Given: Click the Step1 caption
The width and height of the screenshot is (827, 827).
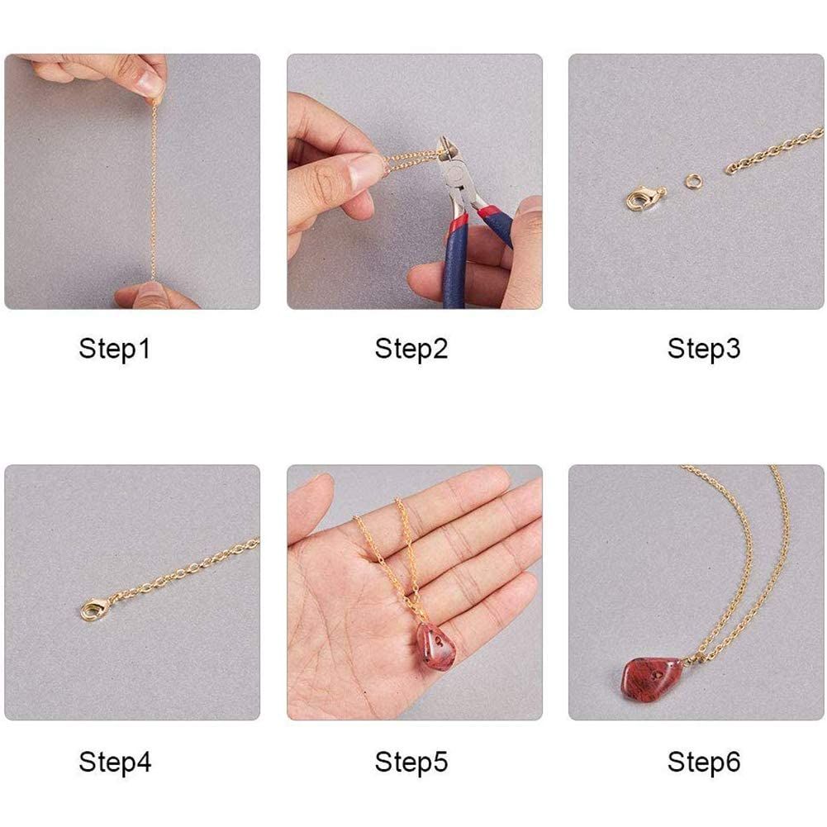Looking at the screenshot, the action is tap(115, 349).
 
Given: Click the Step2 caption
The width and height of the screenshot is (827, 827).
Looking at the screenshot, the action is tap(411, 349).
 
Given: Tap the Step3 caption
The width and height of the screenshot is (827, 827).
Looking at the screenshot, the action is tap(704, 349).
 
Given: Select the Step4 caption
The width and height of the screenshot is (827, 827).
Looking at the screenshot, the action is tap(115, 762).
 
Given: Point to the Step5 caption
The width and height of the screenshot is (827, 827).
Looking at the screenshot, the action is tap(411, 762).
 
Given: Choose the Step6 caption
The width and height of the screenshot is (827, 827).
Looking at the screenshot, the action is tap(704, 762).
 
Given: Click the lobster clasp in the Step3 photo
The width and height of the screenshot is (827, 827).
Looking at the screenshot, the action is tap(644, 197).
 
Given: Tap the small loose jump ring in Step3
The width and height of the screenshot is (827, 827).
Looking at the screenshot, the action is tap(696, 181).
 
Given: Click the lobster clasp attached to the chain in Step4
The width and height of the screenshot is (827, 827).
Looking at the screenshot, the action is tap(94, 609).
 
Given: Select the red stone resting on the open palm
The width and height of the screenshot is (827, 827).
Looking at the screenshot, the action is tap(436, 646).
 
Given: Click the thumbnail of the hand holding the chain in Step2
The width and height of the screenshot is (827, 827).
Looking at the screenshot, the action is tap(365, 171).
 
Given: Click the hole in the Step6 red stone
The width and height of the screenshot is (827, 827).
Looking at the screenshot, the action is tap(657, 674).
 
